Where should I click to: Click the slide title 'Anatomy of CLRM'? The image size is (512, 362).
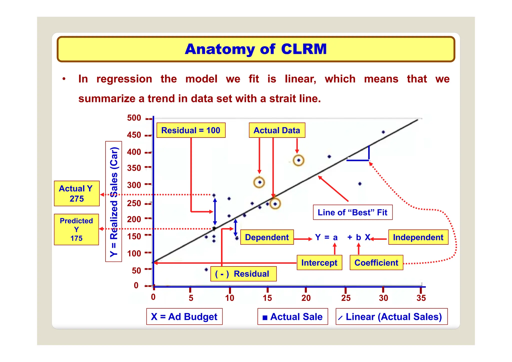tap(256, 49)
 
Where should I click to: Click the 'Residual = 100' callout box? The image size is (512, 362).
tap(191, 130)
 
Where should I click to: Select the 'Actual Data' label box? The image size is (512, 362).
tap(277, 130)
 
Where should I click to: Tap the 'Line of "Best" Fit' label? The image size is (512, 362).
tap(352, 212)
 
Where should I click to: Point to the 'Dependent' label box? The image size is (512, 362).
tap(267, 237)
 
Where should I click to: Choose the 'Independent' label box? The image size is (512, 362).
tap(418, 237)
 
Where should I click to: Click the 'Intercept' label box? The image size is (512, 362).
tap(319, 262)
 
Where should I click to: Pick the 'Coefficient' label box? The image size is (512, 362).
tap(376, 262)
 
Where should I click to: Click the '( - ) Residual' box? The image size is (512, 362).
tap(243, 274)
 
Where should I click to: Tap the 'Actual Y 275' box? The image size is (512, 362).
tap(76, 193)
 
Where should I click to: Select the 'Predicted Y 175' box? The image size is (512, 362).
tap(76, 229)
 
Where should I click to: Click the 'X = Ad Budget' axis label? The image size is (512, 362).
tap(184, 316)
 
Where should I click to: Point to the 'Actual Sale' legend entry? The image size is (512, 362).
tap(292, 316)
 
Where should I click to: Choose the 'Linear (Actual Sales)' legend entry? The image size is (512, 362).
tap(391, 316)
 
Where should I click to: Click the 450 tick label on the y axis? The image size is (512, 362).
tap(134, 135)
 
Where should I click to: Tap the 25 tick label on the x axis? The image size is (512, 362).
tap(346, 298)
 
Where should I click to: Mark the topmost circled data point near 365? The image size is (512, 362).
tap(298, 160)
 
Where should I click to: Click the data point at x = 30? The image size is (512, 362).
tap(383, 132)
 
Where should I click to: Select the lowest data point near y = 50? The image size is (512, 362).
tap(206, 269)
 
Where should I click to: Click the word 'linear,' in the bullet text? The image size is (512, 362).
tap(300, 79)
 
